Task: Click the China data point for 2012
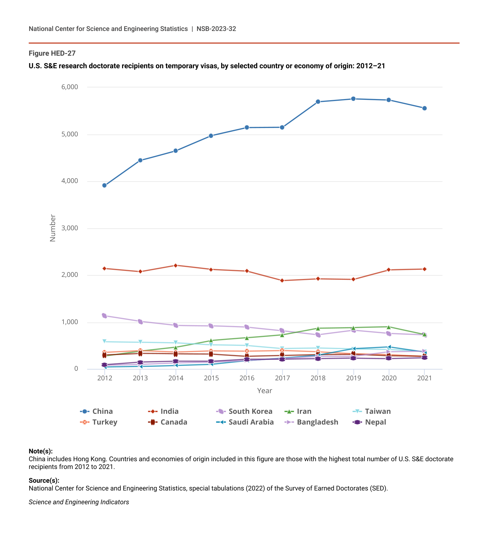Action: [104, 185]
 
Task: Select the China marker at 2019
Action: [353, 99]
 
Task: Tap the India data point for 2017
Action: [282, 280]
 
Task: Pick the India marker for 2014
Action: [175, 265]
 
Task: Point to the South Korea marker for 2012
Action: [104, 316]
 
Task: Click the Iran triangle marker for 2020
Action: [389, 327]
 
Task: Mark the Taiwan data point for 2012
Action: [104, 342]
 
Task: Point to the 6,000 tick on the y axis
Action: [70, 87]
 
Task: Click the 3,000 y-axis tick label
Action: [70, 228]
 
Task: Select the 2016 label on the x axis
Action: [247, 378]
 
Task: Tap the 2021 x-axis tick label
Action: [424, 378]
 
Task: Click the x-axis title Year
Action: [265, 391]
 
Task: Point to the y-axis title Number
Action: [53, 228]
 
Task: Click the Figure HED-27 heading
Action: [52, 53]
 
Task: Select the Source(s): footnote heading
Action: [44, 480]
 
